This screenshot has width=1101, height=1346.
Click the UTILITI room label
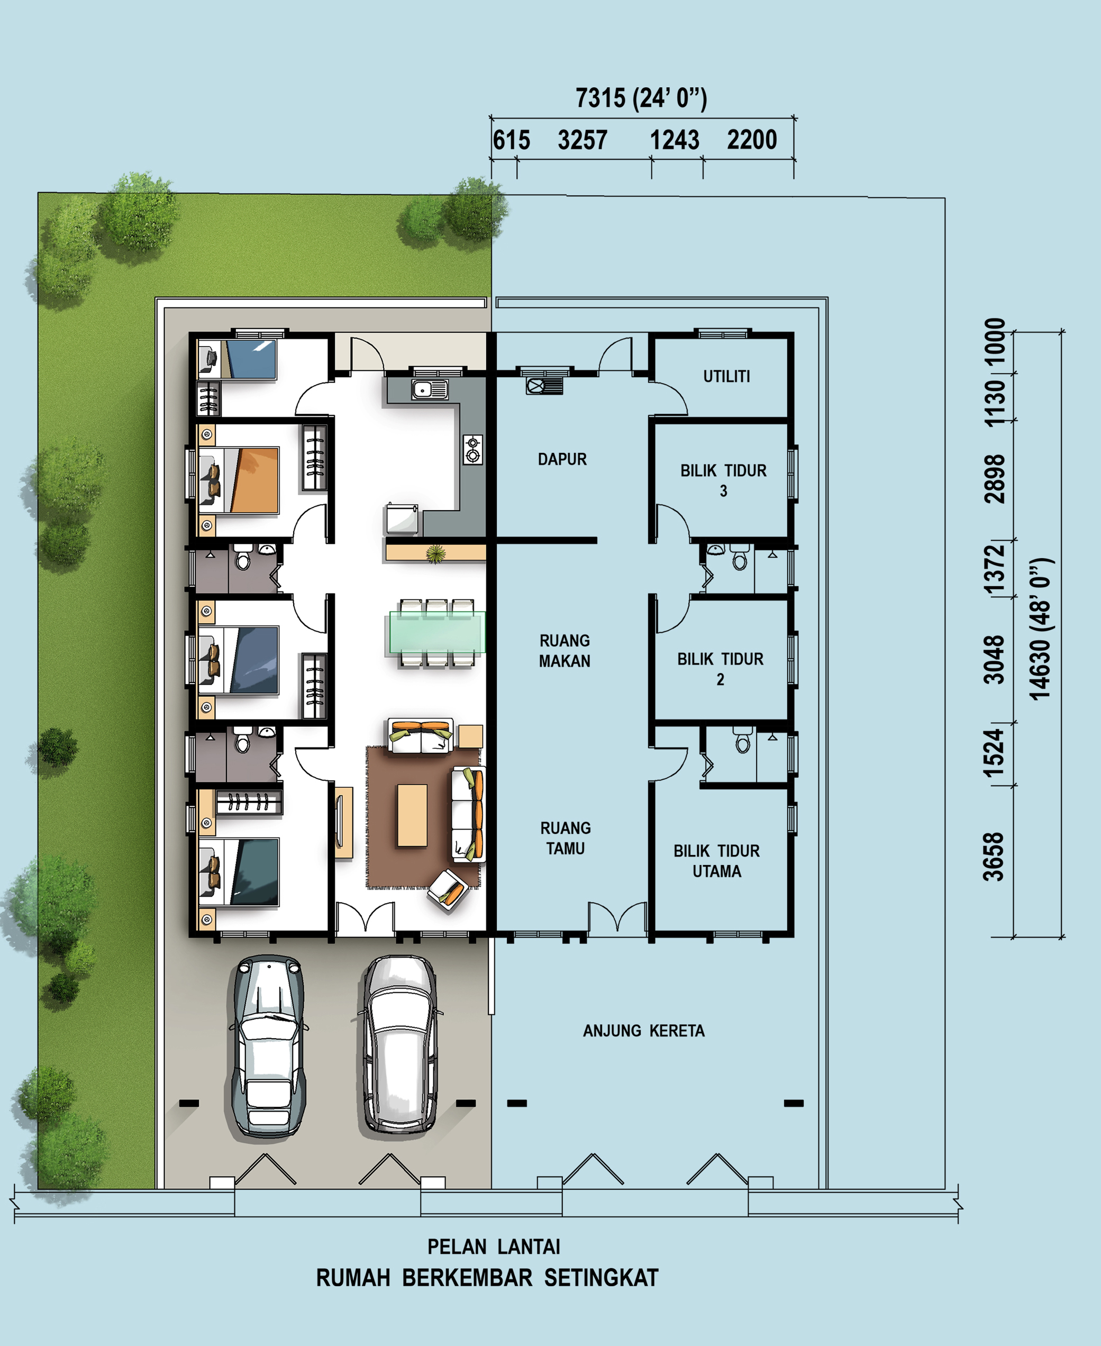(x=726, y=377)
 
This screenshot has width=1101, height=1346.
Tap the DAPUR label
(x=562, y=459)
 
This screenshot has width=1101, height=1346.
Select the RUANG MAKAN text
(x=565, y=651)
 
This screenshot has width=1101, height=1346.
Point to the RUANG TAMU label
(x=565, y=838)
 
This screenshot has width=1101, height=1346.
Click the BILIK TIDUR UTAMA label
(x=717, y=861)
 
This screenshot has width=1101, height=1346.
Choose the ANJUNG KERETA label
(x=644, y=1031)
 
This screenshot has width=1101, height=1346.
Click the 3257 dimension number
(x=582, y=140)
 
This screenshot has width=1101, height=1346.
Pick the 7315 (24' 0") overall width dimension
(x=641, y=98)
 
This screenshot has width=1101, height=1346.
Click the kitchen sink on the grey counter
(x=430, y=389)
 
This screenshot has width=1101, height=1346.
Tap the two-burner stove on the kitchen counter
(x=472, y=450)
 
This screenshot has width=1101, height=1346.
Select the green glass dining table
(x=437, y=632)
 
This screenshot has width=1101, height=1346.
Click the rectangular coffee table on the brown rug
(x=412, y=815)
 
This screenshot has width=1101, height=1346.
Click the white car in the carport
(x=399, y=1045)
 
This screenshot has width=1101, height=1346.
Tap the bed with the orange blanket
(x=239, y=480)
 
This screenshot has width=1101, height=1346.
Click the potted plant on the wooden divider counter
(x=435, y=554)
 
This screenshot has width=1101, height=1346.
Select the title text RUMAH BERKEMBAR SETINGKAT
(x=487, y=1278)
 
